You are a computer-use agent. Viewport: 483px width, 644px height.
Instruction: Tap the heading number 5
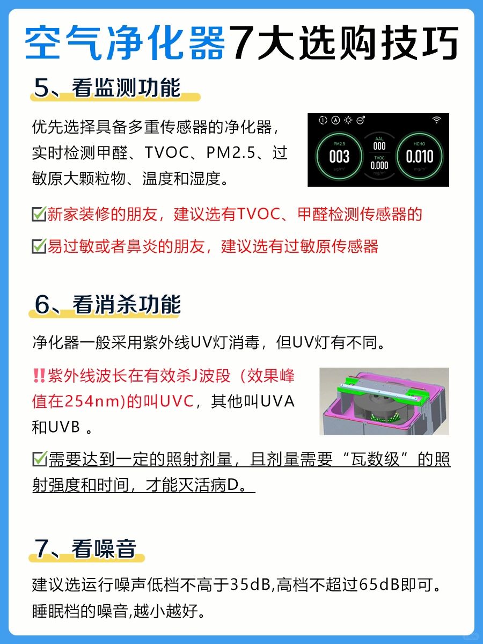tap(42, 87)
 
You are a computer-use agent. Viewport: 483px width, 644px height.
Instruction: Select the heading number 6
tap(42, 304)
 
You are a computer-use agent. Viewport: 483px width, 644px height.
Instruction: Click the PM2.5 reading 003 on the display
tap(339, 156)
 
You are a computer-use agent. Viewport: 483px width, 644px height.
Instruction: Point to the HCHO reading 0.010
tap(419, 156)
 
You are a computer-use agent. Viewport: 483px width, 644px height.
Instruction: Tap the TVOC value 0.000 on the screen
tap(379, 165)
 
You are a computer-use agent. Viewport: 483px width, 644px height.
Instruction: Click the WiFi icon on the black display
tap(437, 120)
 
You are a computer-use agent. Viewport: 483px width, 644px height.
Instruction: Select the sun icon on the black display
tap(348, 120)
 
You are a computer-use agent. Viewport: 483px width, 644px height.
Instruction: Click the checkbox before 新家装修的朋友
tap(39, 214)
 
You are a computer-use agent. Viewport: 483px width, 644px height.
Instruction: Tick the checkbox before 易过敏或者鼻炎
tap(39, 246)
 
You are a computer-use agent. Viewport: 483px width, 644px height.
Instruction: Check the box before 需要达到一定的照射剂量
tap(40, 459)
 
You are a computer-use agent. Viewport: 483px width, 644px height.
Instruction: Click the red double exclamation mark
tap(39, 376)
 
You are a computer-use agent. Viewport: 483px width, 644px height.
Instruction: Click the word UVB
tap(64, 427)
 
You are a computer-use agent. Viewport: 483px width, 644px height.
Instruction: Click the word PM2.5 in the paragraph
tap(231, 152)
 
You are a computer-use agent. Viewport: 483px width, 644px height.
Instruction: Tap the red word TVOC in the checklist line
tap(258, 214)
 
